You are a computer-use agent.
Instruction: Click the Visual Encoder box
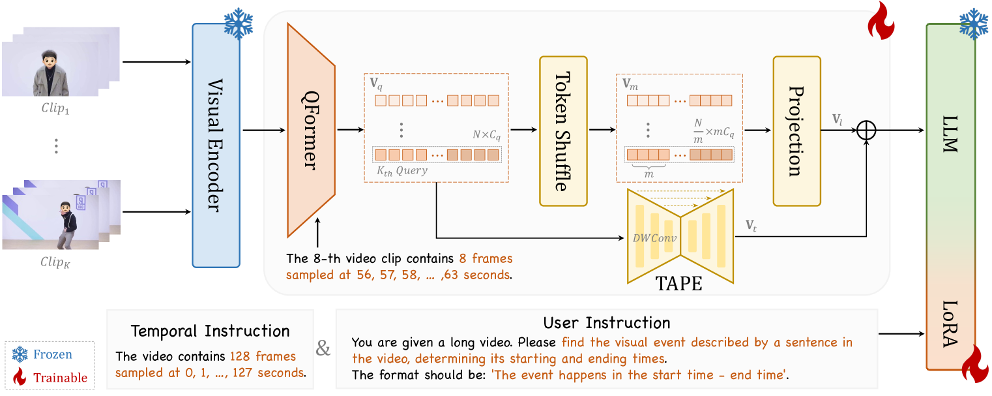point(216,145)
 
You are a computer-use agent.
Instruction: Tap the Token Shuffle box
point(563,131)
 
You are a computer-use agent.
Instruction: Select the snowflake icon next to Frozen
point(20,355)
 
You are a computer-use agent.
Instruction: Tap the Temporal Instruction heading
point(210,331)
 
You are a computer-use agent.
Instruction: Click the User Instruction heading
point(606,323)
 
